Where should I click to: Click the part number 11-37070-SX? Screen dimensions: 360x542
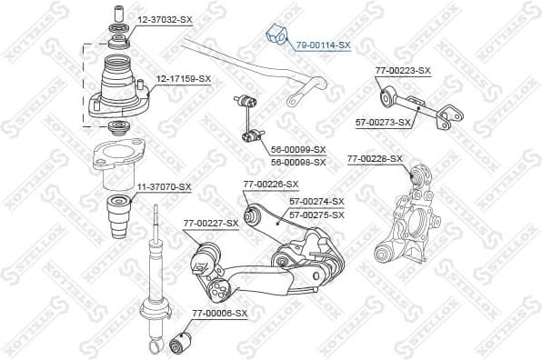[164, 186]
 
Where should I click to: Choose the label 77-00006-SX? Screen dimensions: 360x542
[219, 313]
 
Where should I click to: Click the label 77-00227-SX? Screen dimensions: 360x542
[210, 222]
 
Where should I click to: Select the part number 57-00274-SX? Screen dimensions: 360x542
[316, 201]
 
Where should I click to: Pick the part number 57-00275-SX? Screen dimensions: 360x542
[316, 215]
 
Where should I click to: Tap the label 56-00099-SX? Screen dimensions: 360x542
[297, 149]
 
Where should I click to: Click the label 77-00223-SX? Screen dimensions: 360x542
[403, 70]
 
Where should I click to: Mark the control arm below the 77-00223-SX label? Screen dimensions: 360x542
[417, 102]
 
